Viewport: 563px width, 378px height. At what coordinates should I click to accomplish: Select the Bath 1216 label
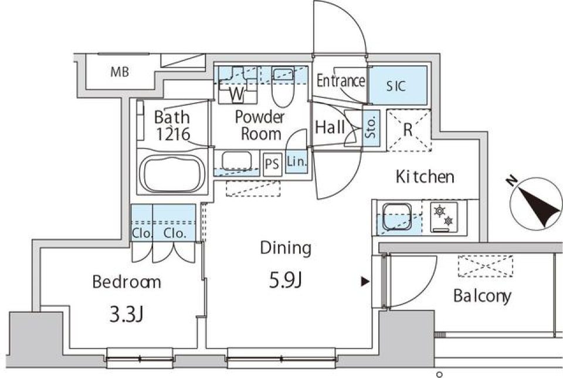click(172, 125)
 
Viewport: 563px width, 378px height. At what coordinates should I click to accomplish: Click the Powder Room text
click(260, 125)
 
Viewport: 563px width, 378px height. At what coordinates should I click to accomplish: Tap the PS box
click(272, 163)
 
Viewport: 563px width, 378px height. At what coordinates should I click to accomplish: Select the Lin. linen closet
click(297, 162)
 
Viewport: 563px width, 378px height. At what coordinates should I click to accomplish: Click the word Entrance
click(340, 81)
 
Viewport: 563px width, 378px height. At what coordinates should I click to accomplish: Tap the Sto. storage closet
click(372, 127)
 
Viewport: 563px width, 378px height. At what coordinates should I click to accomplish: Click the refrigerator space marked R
click(408, 129)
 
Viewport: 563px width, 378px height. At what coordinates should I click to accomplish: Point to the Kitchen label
click(425, 176)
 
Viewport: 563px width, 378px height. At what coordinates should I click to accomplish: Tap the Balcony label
click(482, 296)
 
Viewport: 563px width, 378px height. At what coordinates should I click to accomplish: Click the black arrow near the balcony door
click(365, 282)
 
